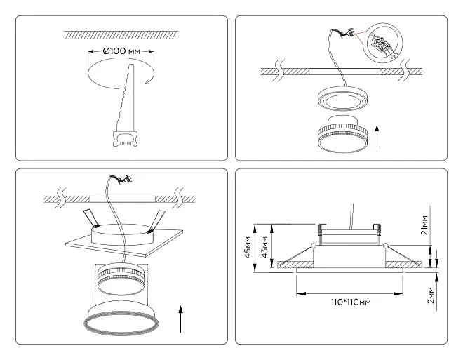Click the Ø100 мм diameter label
coord(121,51)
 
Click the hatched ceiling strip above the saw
coord(121,34)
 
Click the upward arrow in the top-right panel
coord(377,136)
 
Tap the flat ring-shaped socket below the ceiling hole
coord(342,98)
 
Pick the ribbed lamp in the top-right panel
coord(342,134)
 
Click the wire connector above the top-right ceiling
coord(344,32)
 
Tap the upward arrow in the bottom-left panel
coord(181,319)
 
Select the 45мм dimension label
coord(248,247)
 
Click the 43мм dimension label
coord(265,247)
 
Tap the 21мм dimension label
coord(424,225)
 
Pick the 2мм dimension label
coord(431,295)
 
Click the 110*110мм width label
coord(351,302)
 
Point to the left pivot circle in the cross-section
coord(314,246)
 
